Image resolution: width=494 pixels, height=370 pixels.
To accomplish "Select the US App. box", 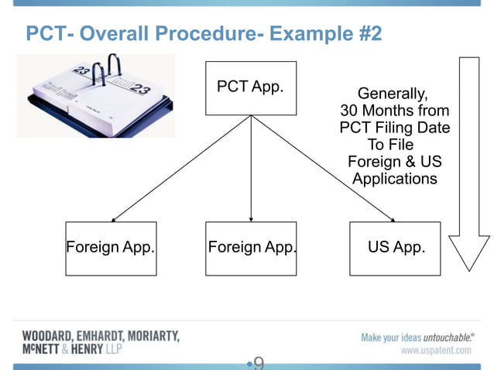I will [395, 248].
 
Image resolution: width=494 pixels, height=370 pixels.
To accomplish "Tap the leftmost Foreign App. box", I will [111, 248].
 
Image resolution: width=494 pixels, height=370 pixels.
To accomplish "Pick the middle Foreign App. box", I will [251, 248].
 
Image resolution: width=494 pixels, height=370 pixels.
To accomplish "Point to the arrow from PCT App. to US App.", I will [325, 170].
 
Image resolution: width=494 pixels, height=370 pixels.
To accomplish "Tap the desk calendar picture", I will [95, 95].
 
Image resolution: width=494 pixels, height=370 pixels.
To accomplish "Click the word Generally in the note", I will [392, 94].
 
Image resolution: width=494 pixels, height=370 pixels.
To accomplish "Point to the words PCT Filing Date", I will [395, 128].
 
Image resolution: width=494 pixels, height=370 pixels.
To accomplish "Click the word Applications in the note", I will [395, 179].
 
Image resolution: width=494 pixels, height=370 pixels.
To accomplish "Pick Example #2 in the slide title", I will [332, 35].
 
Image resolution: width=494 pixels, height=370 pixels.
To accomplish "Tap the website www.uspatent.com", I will [435, 351].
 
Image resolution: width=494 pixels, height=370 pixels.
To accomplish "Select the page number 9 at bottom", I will [259, 362].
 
